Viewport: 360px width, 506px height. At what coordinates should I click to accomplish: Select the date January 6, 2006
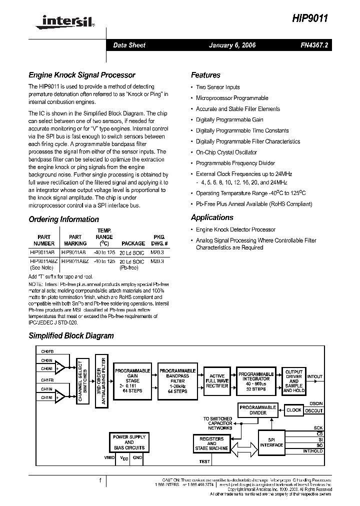232,45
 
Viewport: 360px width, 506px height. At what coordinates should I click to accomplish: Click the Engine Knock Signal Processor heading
82,75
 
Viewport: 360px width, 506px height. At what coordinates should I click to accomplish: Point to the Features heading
205,75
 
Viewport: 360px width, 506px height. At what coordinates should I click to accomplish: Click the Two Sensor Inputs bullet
217,87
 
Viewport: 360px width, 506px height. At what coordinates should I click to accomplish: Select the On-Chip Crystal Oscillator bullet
226,152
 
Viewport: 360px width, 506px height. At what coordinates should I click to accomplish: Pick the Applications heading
212,217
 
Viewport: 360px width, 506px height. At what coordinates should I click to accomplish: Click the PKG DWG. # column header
158,240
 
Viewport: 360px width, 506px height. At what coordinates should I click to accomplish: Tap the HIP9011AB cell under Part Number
44,252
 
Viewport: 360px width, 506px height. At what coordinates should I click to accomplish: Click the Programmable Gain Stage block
132,381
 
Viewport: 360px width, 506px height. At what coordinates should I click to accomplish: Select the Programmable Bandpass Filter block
177,381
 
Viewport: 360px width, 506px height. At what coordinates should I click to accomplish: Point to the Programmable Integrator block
256,381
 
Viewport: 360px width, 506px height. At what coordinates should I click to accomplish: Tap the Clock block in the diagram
293,410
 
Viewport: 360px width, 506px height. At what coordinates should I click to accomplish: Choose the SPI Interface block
271,442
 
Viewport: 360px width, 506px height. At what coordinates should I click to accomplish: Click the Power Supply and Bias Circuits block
129,442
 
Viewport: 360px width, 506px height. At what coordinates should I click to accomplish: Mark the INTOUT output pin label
315,376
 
